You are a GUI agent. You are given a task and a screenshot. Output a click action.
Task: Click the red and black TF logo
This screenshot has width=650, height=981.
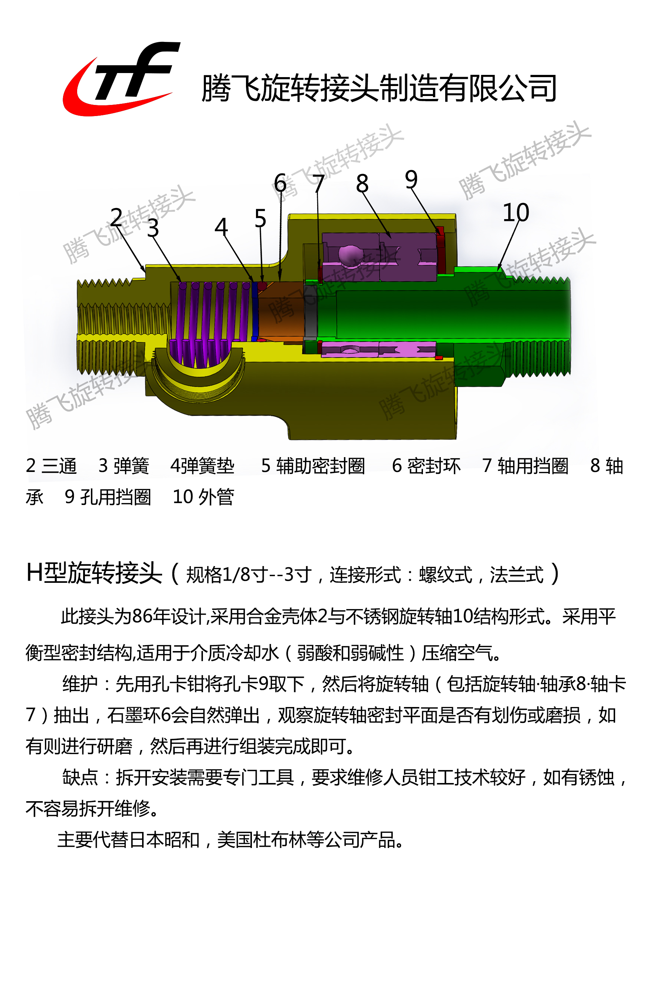120,79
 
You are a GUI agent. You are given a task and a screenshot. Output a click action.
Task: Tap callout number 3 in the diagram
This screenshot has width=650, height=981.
153,228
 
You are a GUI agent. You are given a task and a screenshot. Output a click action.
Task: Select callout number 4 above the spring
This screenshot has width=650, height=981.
221,227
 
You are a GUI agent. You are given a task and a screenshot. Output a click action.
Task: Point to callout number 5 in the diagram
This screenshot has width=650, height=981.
260,218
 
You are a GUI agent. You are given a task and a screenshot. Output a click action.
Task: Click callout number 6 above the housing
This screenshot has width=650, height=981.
280,183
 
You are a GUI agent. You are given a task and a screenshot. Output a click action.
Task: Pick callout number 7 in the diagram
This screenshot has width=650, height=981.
318,184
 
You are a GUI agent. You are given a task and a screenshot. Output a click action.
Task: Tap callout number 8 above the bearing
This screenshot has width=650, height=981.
362,184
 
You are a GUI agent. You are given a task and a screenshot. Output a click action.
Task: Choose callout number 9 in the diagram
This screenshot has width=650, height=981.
411,179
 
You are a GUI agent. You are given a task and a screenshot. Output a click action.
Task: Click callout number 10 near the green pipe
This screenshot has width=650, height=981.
516,212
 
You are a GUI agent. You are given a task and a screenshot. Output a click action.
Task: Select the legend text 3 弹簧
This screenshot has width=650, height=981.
124,466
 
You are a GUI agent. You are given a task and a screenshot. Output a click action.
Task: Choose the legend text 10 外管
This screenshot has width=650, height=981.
203,497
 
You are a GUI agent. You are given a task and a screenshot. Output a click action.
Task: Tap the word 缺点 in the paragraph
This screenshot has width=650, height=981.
80,777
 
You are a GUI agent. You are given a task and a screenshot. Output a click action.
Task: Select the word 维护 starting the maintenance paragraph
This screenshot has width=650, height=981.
80,684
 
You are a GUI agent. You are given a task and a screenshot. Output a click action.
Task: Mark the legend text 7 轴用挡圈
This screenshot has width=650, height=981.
525,466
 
